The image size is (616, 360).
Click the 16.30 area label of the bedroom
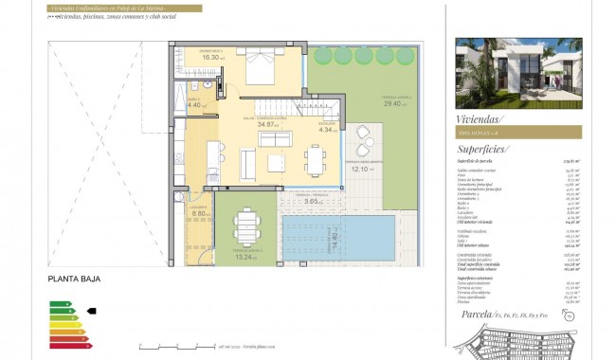click(x=211, y=58)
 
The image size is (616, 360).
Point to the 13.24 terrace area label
click(x=245, y=257)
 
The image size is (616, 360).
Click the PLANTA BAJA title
click(x=74, y=279)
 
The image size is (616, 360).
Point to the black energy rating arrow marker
click(x=91, y=310)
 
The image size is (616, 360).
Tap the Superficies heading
click(x=482, y=149)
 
